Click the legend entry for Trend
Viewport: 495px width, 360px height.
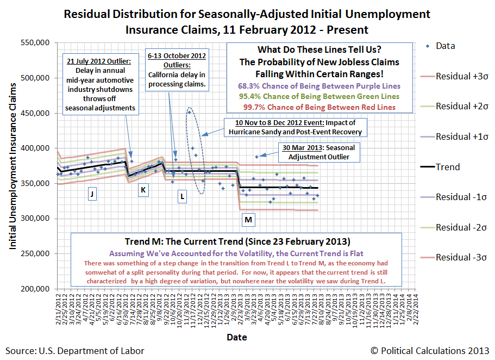[448, 167]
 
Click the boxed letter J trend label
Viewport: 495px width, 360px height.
[92, 194]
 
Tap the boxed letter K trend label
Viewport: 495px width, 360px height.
[143, 190]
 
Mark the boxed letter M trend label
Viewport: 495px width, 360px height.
[248, 220]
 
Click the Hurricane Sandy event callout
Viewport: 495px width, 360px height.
[294, 127]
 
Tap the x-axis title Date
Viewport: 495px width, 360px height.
[237, 337]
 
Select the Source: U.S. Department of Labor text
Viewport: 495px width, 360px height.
[75, 351]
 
